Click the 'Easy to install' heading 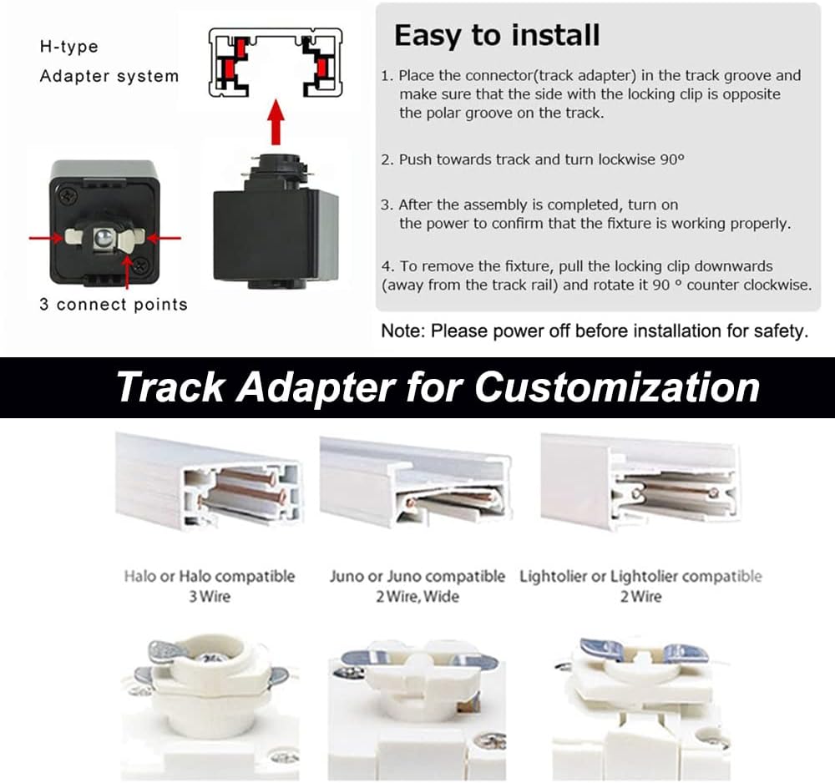click(497, 36)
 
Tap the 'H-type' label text click(69, 47)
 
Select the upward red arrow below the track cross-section click(276, 122)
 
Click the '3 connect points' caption click(114, 305)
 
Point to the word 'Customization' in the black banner click(617, 387)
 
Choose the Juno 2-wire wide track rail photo click(416, 482)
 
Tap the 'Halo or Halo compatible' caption click(210, 577)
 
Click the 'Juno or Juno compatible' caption click(417, 577)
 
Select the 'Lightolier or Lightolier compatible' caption click(640, 577)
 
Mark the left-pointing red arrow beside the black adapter click(164, 238)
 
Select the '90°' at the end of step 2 click(672, 159)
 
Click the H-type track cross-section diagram click(276, 63)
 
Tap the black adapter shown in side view click(276, 220)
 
